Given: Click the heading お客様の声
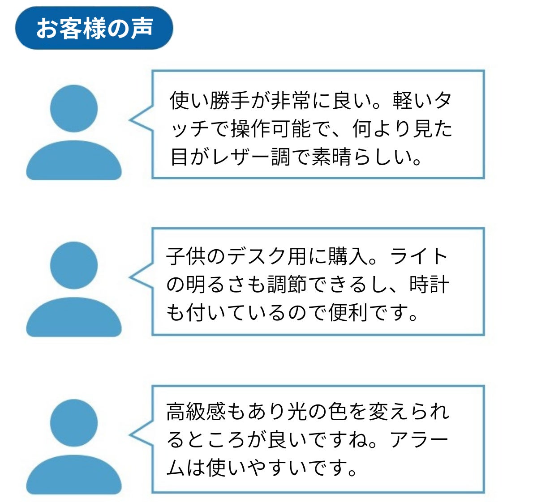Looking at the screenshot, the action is [x=94, y=28].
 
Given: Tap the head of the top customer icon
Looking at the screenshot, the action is [x=74, y=108].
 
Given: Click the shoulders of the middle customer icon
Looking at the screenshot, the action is [x=74, y=317].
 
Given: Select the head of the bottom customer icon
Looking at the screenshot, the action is [x=74, y=423].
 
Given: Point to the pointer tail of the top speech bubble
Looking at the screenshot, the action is [x=141, y=119].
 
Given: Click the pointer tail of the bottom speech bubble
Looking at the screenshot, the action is [x=141, y=434].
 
